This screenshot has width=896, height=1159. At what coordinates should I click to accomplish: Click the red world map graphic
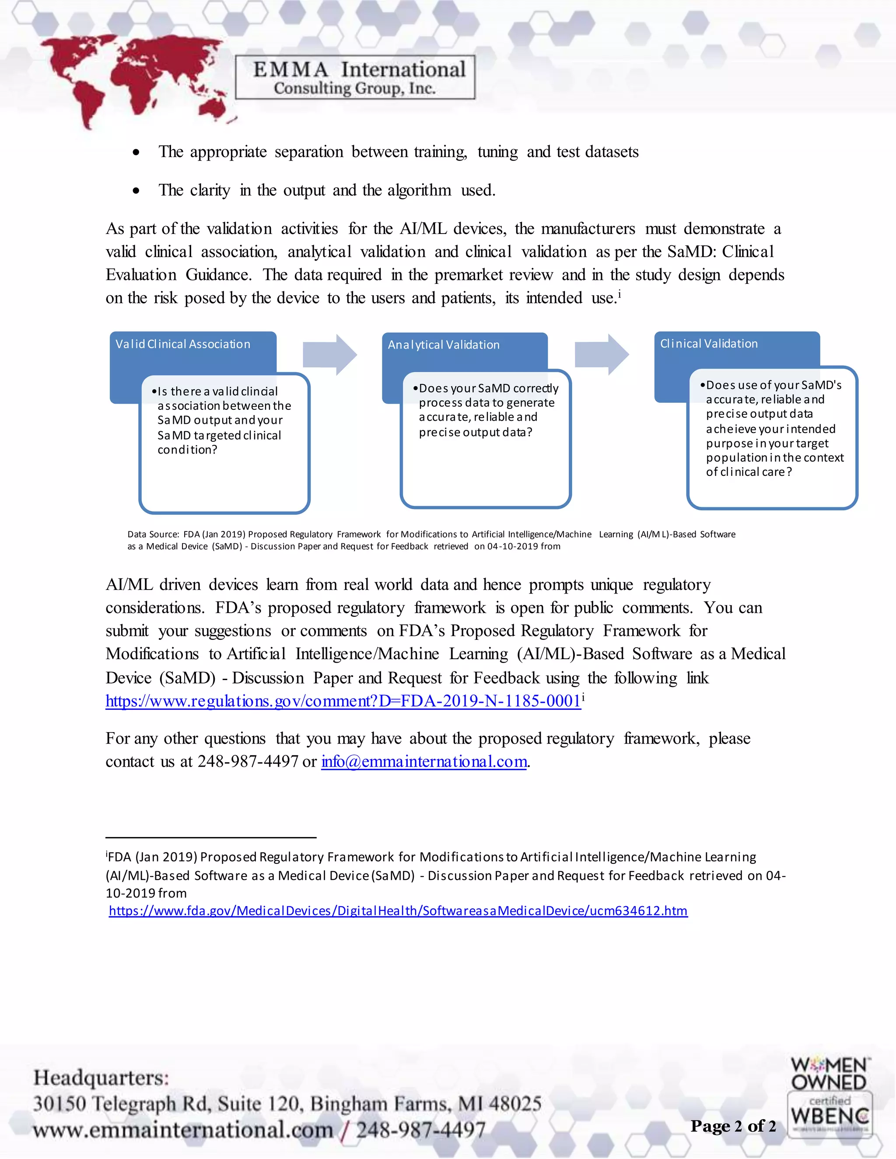(133, 80)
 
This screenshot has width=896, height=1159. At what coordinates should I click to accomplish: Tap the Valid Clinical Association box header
(183, 344)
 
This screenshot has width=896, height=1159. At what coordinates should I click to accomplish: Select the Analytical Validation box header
(444, 345)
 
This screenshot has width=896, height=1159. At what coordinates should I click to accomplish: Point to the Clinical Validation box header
(709, 344)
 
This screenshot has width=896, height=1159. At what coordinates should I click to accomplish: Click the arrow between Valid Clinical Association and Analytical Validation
(329, 355)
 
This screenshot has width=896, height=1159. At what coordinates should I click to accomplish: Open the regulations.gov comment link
(343, 701)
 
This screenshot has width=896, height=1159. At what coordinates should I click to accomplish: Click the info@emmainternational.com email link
(424, 761)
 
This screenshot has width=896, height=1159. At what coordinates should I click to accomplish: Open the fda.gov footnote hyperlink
(398, 911)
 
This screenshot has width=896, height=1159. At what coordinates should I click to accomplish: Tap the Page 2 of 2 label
(733, 1126)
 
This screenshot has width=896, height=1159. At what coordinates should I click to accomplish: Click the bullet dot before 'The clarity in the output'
(136, 191)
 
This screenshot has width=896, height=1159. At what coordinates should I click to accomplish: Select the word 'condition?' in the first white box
(187, 450)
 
